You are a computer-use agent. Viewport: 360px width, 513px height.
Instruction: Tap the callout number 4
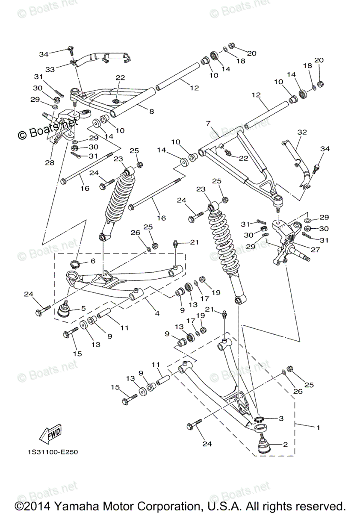click(x=157, y=313)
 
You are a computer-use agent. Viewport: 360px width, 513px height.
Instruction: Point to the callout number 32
click(x=302, y=133)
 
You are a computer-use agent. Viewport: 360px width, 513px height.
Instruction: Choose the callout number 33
click(x=50, y=69)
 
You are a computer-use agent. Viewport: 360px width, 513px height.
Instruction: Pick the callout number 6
click(x=92, y=261)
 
